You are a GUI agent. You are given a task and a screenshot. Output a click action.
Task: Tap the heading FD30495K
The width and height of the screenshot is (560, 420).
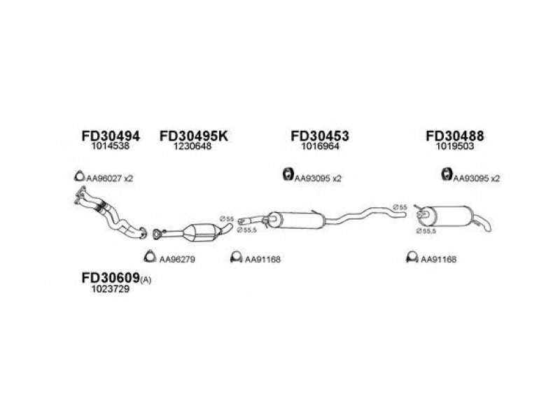pos(194,136)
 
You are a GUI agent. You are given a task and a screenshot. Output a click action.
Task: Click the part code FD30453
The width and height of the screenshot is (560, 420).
pos(319,136)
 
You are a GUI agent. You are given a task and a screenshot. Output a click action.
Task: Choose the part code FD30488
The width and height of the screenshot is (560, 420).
pos(455,136)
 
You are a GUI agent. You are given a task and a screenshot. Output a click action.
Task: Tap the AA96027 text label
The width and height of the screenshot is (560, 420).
pos(104,178)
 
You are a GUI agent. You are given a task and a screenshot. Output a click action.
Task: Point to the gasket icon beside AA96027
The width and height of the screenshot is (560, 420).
pos(78,176)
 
